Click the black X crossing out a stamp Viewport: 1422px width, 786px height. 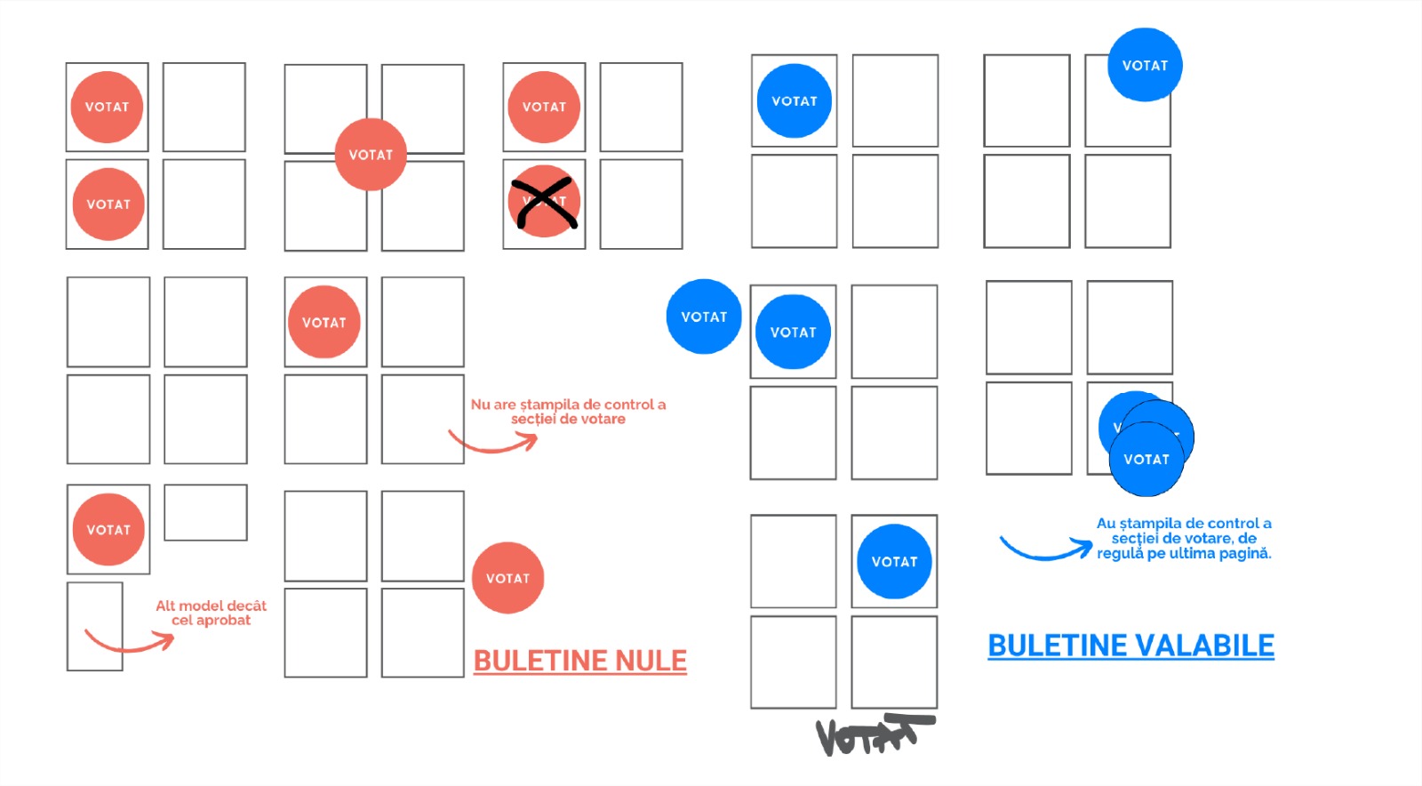tap(544, 202)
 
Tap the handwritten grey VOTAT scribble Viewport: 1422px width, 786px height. tap(873, 734)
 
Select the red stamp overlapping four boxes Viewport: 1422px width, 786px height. tap(371, 155)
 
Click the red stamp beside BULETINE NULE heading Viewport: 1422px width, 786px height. tap(507, 578)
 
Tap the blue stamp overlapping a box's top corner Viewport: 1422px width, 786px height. tap(1145, 65)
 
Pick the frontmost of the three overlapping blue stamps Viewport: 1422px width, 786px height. tap(1146, 459)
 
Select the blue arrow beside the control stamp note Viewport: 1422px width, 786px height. tap(1045, 549)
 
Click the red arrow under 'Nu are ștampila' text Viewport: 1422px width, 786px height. tap(492, 442)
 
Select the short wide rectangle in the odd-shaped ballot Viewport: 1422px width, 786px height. tap(205, 512)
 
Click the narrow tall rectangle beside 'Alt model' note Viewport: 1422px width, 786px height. tap(94, 626)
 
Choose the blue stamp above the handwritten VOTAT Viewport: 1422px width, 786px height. tap(894, 561)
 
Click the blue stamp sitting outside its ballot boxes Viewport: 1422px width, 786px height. tap(704, 317)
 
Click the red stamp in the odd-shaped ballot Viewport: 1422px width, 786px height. tap(108, 530)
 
